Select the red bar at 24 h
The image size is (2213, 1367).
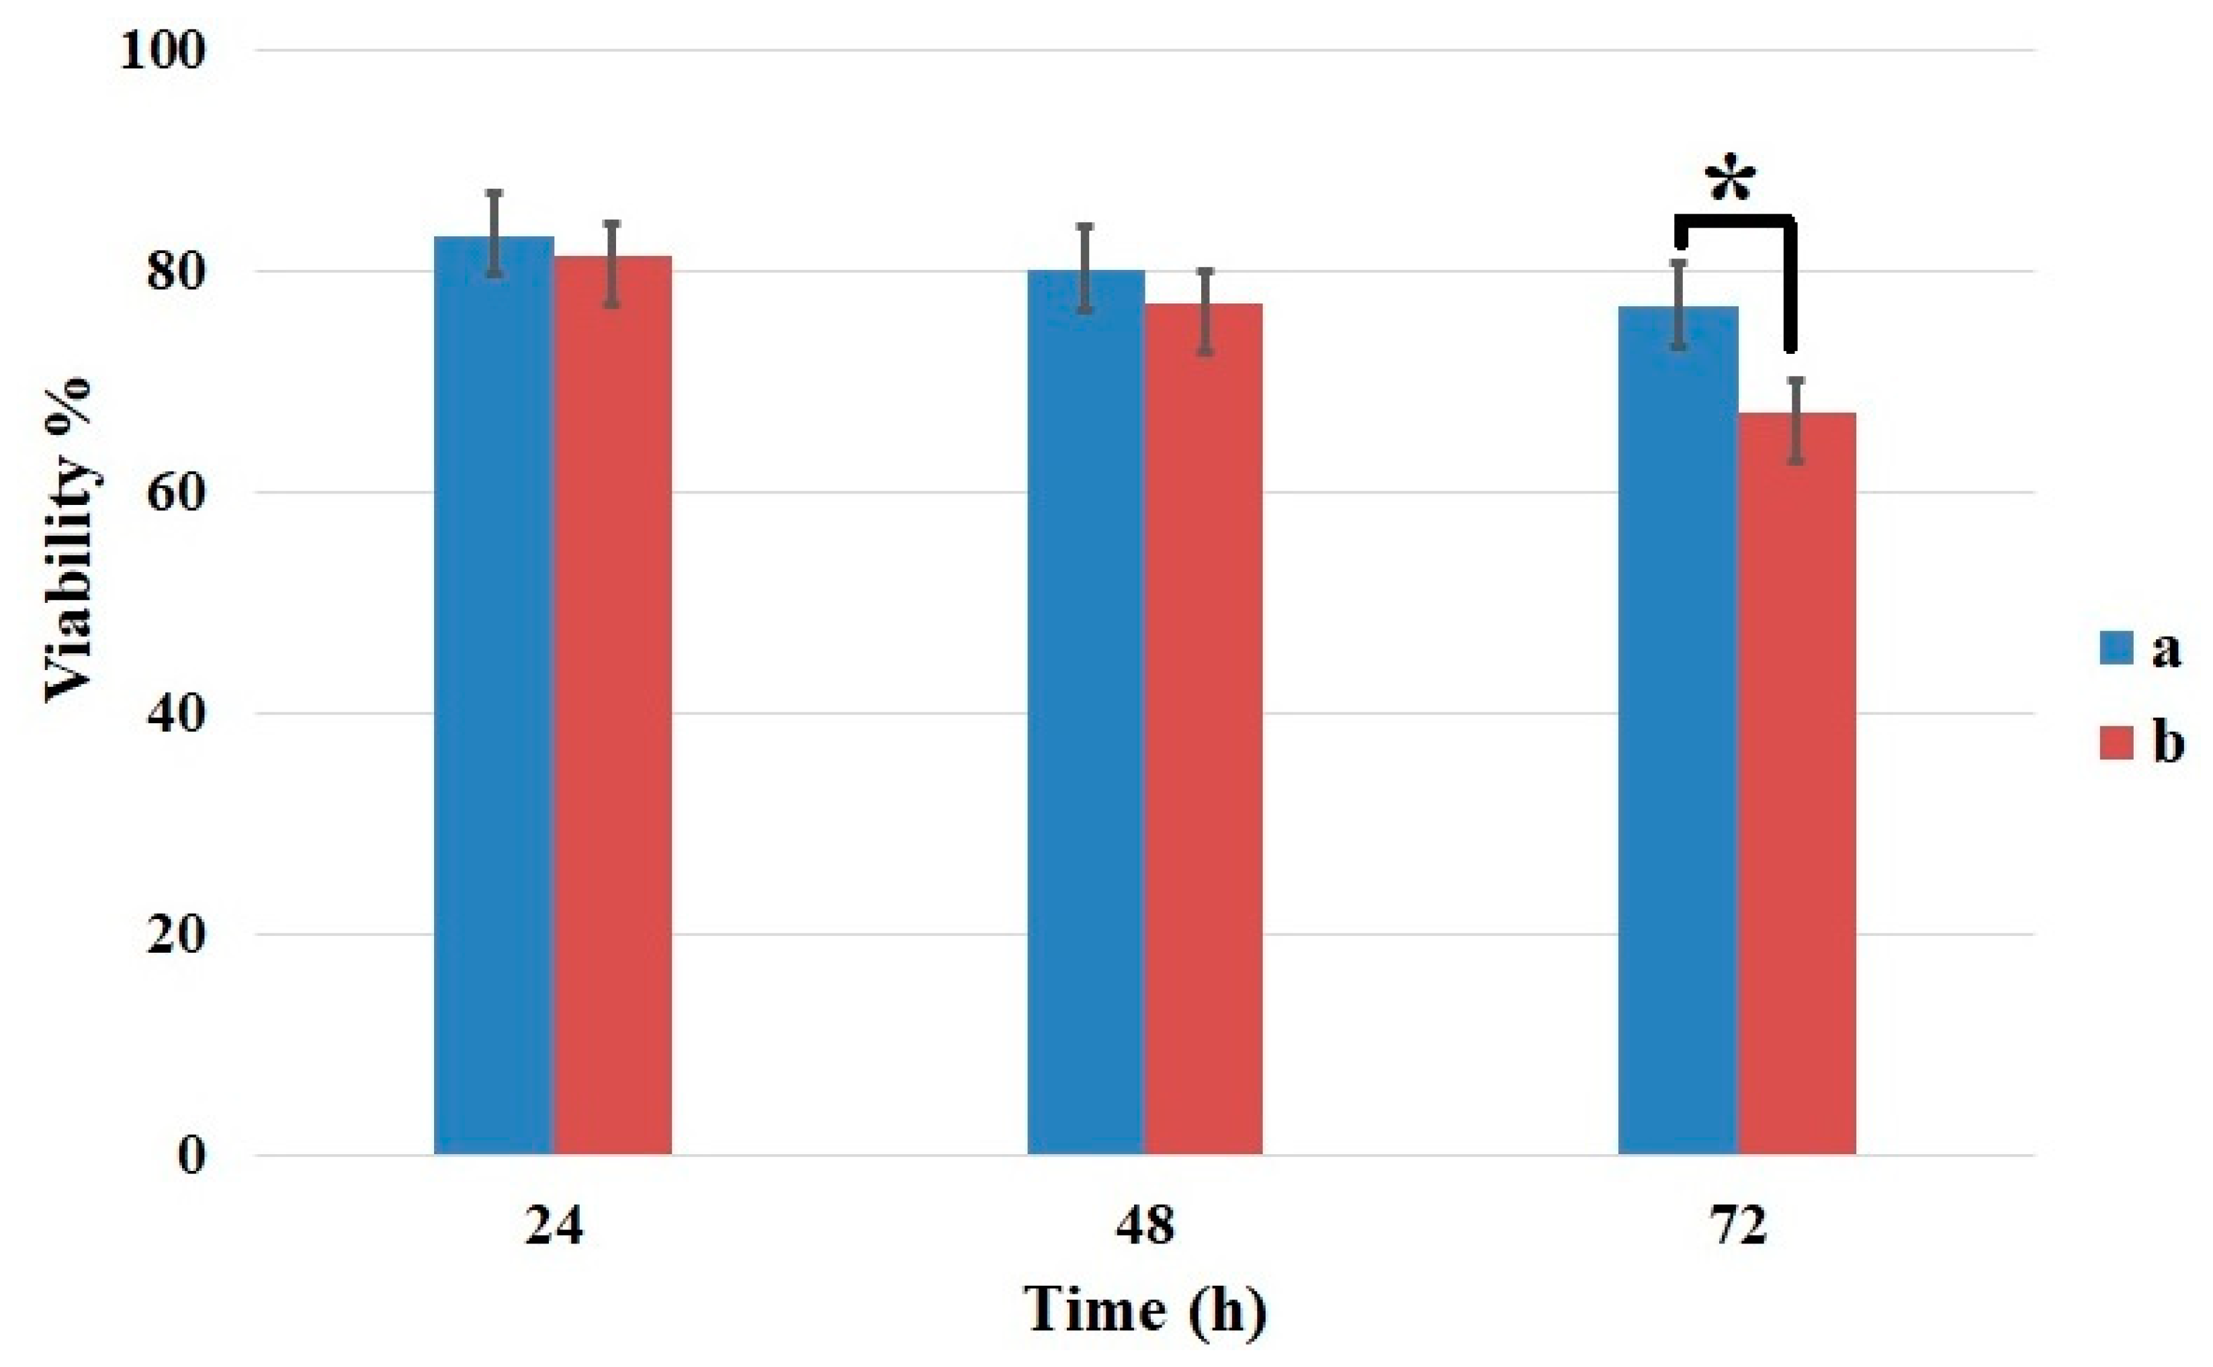coord(612,705)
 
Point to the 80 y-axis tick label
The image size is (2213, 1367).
coord(175,271)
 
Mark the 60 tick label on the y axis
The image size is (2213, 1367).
coord(175,493)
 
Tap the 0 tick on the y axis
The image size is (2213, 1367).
coord(191,1155)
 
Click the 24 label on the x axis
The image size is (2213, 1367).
coord(554,1227)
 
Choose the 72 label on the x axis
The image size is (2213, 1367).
coord(1737,1227)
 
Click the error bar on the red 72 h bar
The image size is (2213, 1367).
coord(1796,421)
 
